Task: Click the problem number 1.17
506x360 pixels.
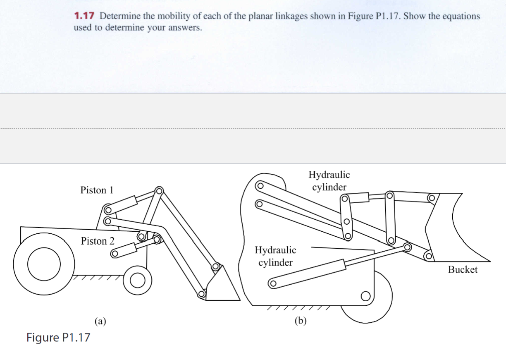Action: tap(84, 17)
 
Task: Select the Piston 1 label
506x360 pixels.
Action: tap(97, 190)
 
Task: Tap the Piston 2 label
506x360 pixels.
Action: tap(98, 241)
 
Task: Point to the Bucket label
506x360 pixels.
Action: tap(463, 270)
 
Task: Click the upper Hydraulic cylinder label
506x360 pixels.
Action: tap(329, 181)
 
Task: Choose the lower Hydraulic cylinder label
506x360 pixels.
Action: tap(275, 256)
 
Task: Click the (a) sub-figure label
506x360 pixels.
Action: tap(100, 320)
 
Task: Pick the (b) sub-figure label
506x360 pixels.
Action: tap(300, 320)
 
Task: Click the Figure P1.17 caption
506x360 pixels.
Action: tap(58, 338)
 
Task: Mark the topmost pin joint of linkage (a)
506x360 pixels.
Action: tap(158, 190)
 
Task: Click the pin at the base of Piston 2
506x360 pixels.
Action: tap(115, 254)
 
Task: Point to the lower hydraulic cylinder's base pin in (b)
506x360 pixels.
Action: tap(272, 284)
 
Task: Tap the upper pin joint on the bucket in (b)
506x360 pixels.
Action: tap(431, 199)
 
